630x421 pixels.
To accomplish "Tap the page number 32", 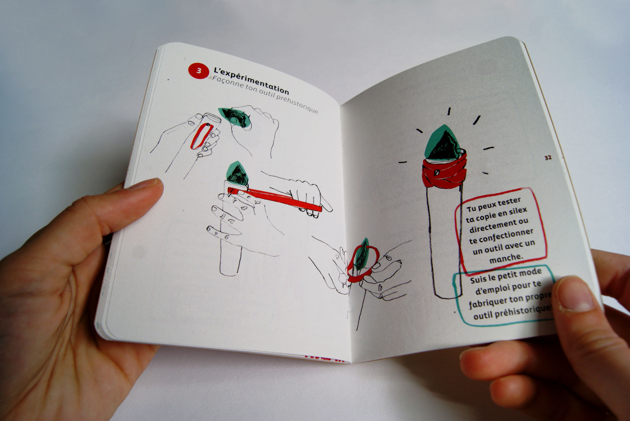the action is click(x=548, y=158).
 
